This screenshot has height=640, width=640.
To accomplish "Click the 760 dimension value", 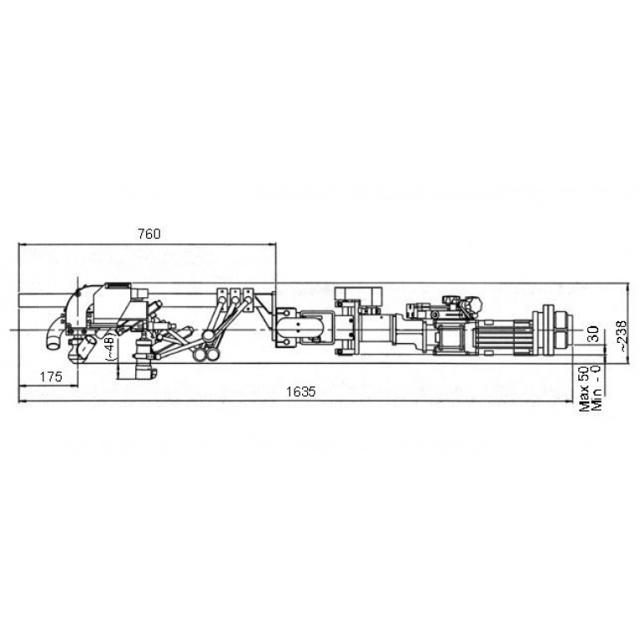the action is [149, 234].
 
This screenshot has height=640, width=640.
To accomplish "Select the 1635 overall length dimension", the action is [301, 392].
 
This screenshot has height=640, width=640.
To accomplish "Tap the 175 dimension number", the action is [51, 376].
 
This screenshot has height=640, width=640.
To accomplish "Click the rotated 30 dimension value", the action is [594, 334].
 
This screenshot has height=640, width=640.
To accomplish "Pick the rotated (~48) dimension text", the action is [111, 345].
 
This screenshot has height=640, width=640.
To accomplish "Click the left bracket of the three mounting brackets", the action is [223, 295].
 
